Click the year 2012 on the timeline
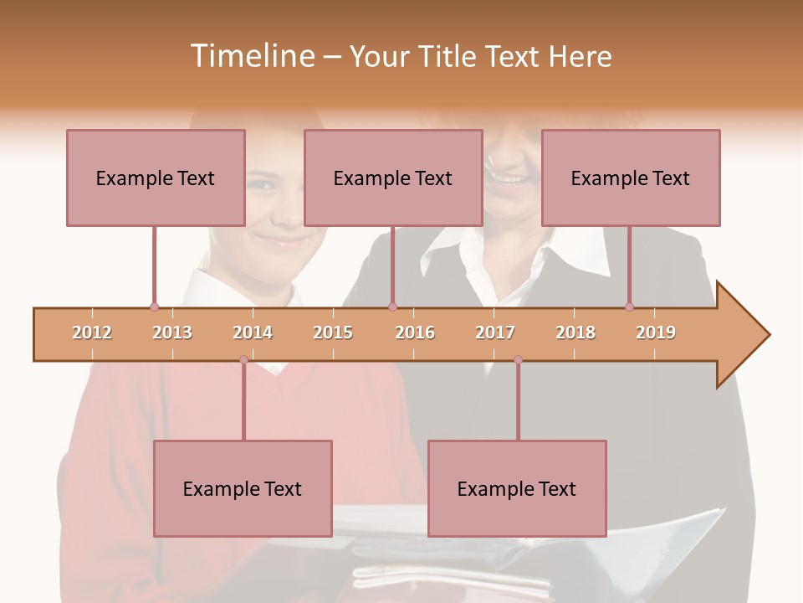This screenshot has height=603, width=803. pos(92,332)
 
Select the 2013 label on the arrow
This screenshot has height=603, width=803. pos(172,332)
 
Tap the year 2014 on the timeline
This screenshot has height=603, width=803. pos(253,332)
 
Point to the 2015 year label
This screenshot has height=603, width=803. pos(333,332)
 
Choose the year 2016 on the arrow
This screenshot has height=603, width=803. pos(415,332)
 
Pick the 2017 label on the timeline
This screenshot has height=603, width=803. pos(495,332)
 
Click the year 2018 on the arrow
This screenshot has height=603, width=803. pos(575,332)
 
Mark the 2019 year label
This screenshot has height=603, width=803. pos(656,332)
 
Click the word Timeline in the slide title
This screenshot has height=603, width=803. pos(251,56)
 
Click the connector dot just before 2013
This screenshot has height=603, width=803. pos(154,307)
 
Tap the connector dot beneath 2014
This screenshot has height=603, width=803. pos(243,360)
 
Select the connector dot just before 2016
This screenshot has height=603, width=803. pos(392,307)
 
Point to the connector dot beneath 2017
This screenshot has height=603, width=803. pos(518,360)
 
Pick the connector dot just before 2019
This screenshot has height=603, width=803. pos(629,307)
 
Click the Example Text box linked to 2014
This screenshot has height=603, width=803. pos(243,488)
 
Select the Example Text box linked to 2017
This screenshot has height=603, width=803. pos(517,488)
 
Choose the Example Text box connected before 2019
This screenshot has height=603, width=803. pos(631,178)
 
